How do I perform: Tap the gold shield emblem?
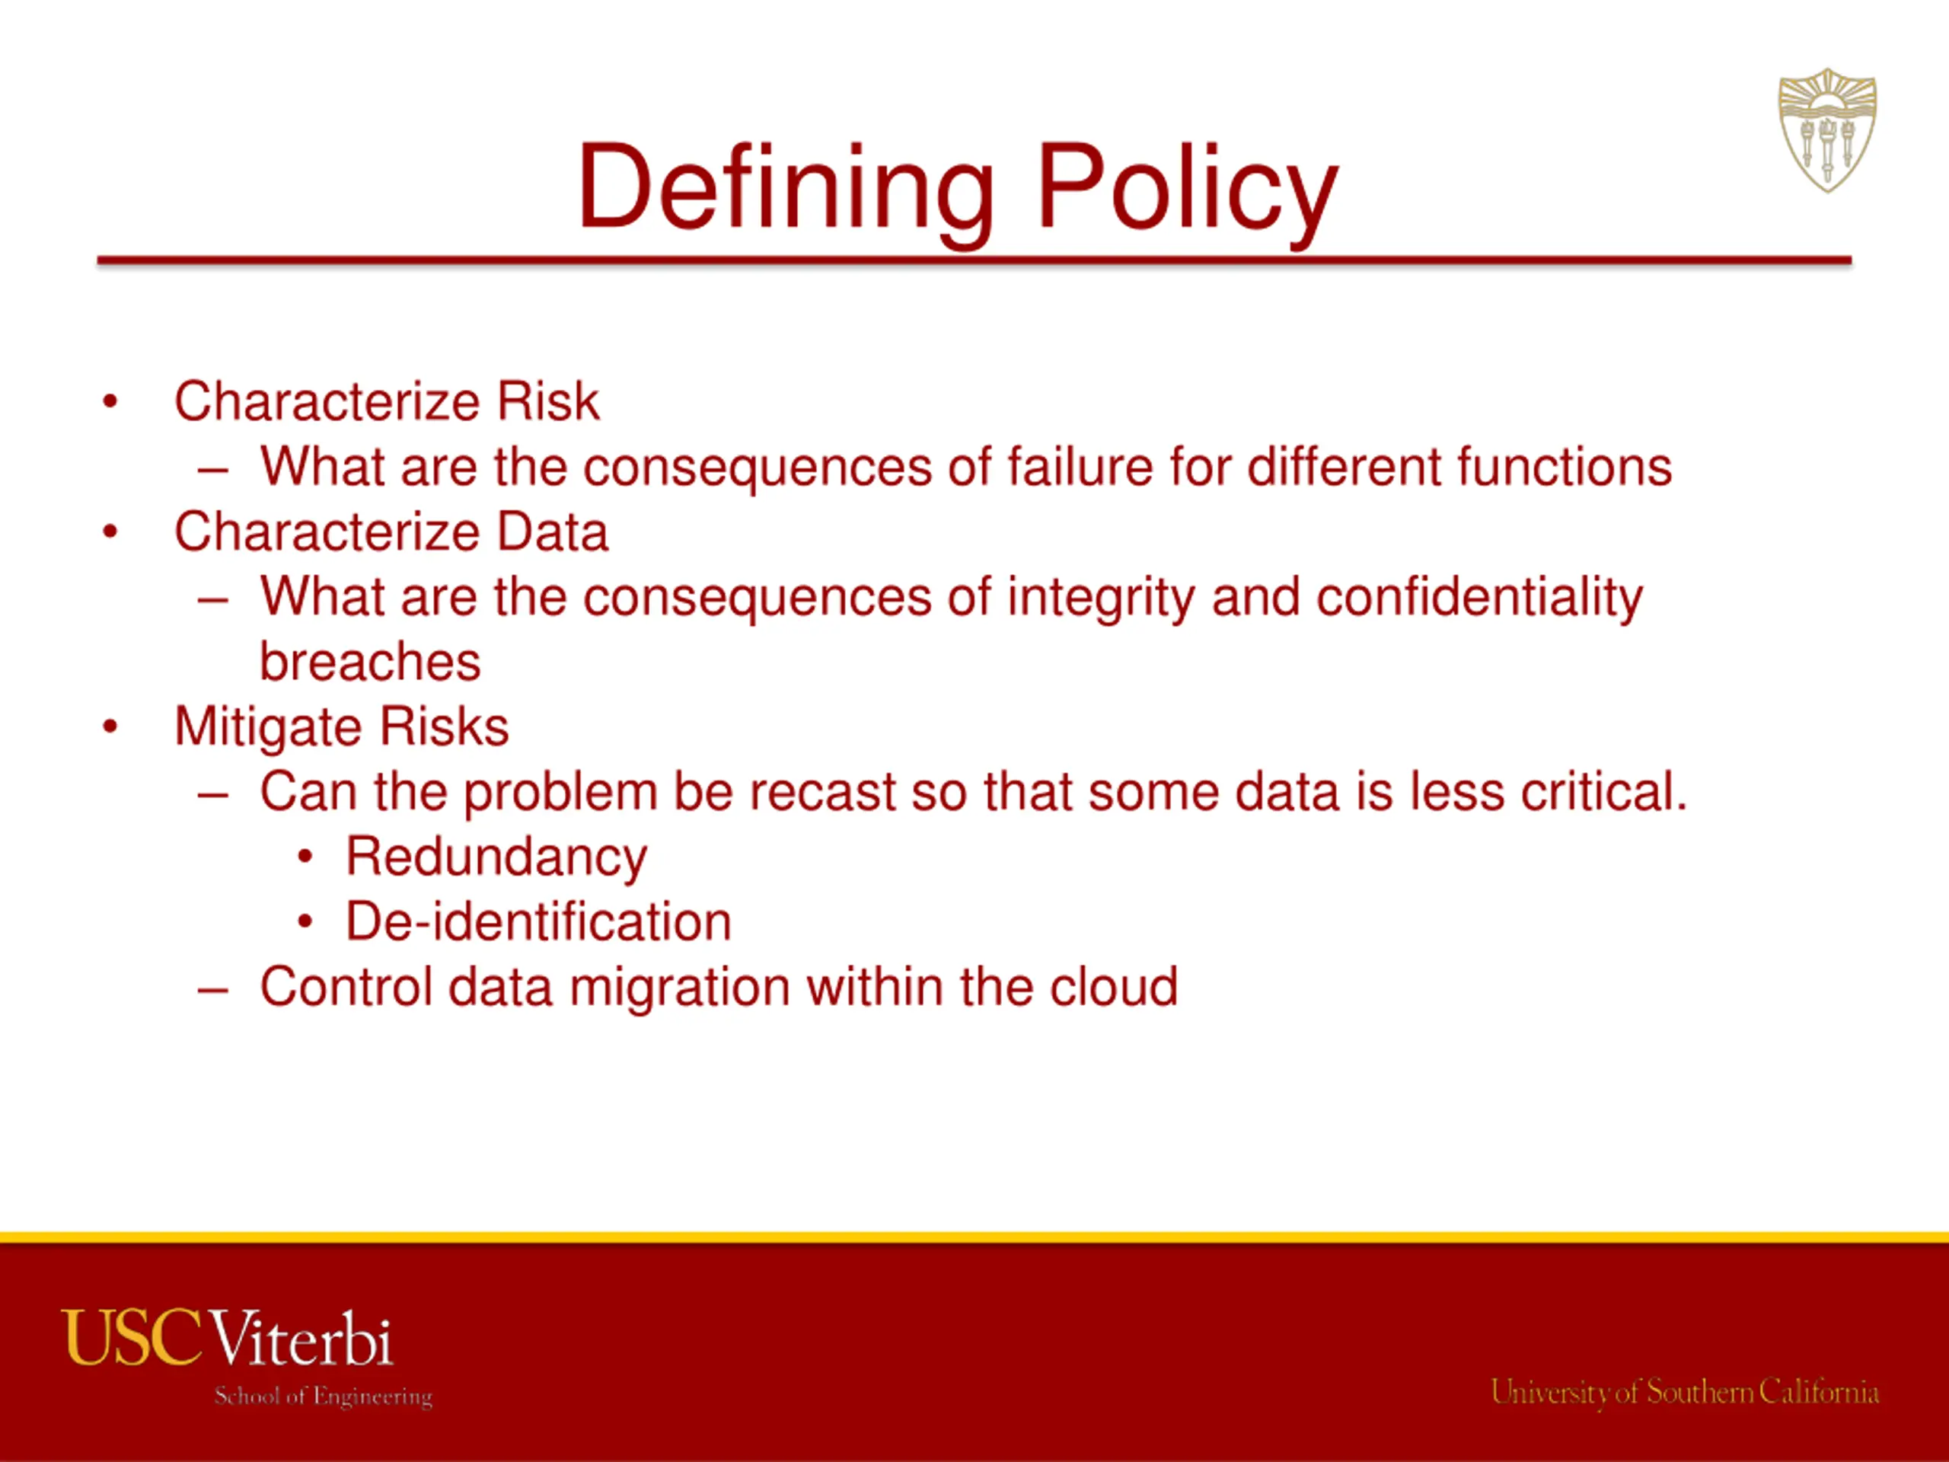point(1826,130)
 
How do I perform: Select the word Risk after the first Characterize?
point(547,402)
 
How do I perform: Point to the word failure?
point(1080,466)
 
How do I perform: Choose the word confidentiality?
point(1479,597)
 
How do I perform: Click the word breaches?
point(370,662)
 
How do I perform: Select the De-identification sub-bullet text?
point(538,922)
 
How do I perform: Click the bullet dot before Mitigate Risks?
point(110,728)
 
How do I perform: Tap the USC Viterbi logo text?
point(228,1338)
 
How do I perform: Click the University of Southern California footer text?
point(1685,1393)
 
